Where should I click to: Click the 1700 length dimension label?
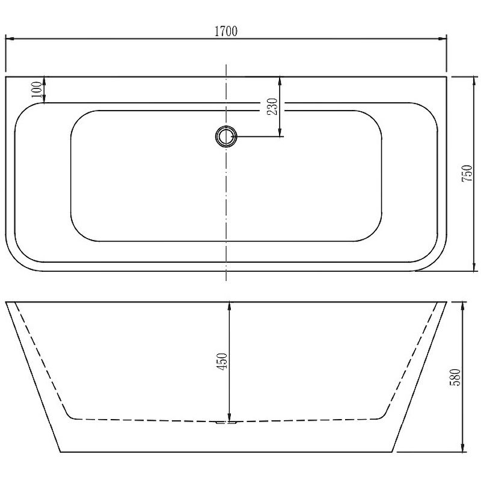[226, 31]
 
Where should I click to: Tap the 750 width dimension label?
[467, 174]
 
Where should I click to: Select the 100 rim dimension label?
[36, 89]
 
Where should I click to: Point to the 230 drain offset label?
[272, 106]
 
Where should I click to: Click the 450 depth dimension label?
[222, 361]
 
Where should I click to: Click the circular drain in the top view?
[227, 136]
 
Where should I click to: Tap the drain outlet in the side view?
[227, 423]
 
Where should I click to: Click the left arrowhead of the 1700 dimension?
[10, 38]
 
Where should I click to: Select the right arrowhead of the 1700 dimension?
[443, 38]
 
